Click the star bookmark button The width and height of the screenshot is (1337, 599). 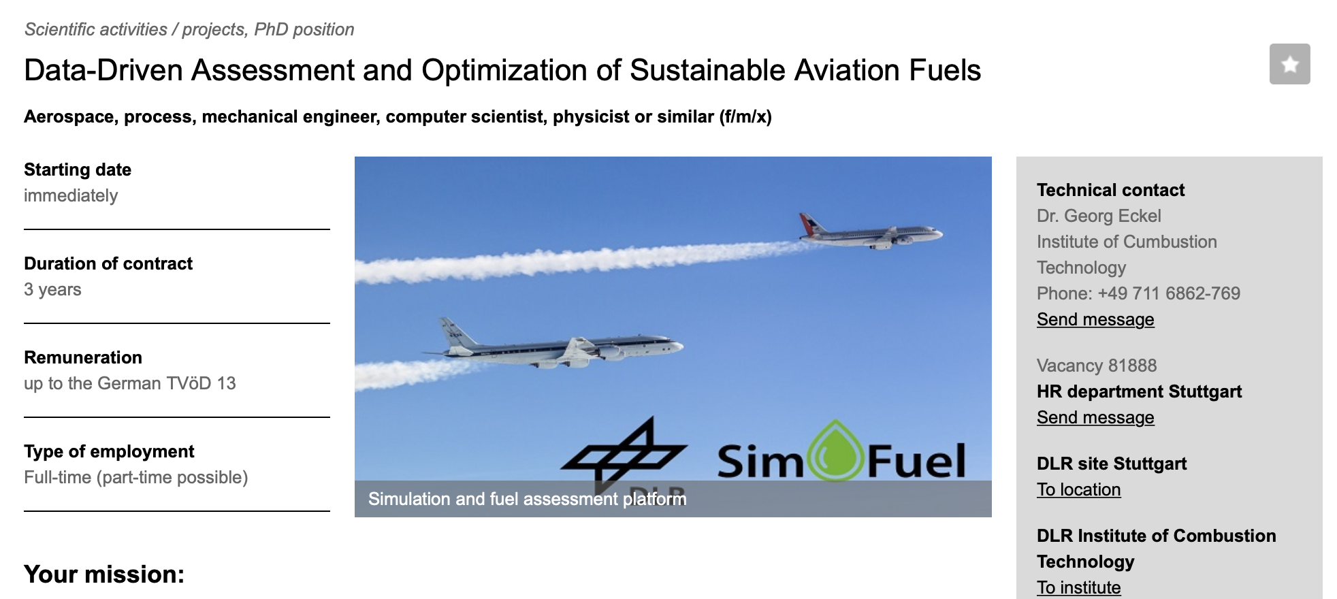pos(1289,64)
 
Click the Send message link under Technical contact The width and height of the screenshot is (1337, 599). pos(1095,319)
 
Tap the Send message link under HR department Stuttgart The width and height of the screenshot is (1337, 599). pos(1095,417)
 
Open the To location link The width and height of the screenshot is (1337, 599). pos(1078,489)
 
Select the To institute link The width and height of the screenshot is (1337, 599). pos(1078,587)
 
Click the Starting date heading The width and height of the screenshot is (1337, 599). pos(78,169)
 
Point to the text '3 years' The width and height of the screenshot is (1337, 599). pos(52,289)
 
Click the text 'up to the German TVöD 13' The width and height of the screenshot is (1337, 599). pos(130,383)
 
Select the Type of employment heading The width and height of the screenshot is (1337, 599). pos(109,451)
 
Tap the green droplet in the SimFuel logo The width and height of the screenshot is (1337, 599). pos(835,451)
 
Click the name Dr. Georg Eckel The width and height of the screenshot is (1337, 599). pos(1099,216)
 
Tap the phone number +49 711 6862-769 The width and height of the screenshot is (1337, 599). pos(1169,293)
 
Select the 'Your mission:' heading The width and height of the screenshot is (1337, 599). pos(104,574)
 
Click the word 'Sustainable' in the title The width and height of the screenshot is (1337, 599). pos(708,70)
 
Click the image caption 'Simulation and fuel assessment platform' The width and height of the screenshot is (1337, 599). pos(528,499)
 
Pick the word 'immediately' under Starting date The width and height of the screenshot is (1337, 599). pos(71,195)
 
